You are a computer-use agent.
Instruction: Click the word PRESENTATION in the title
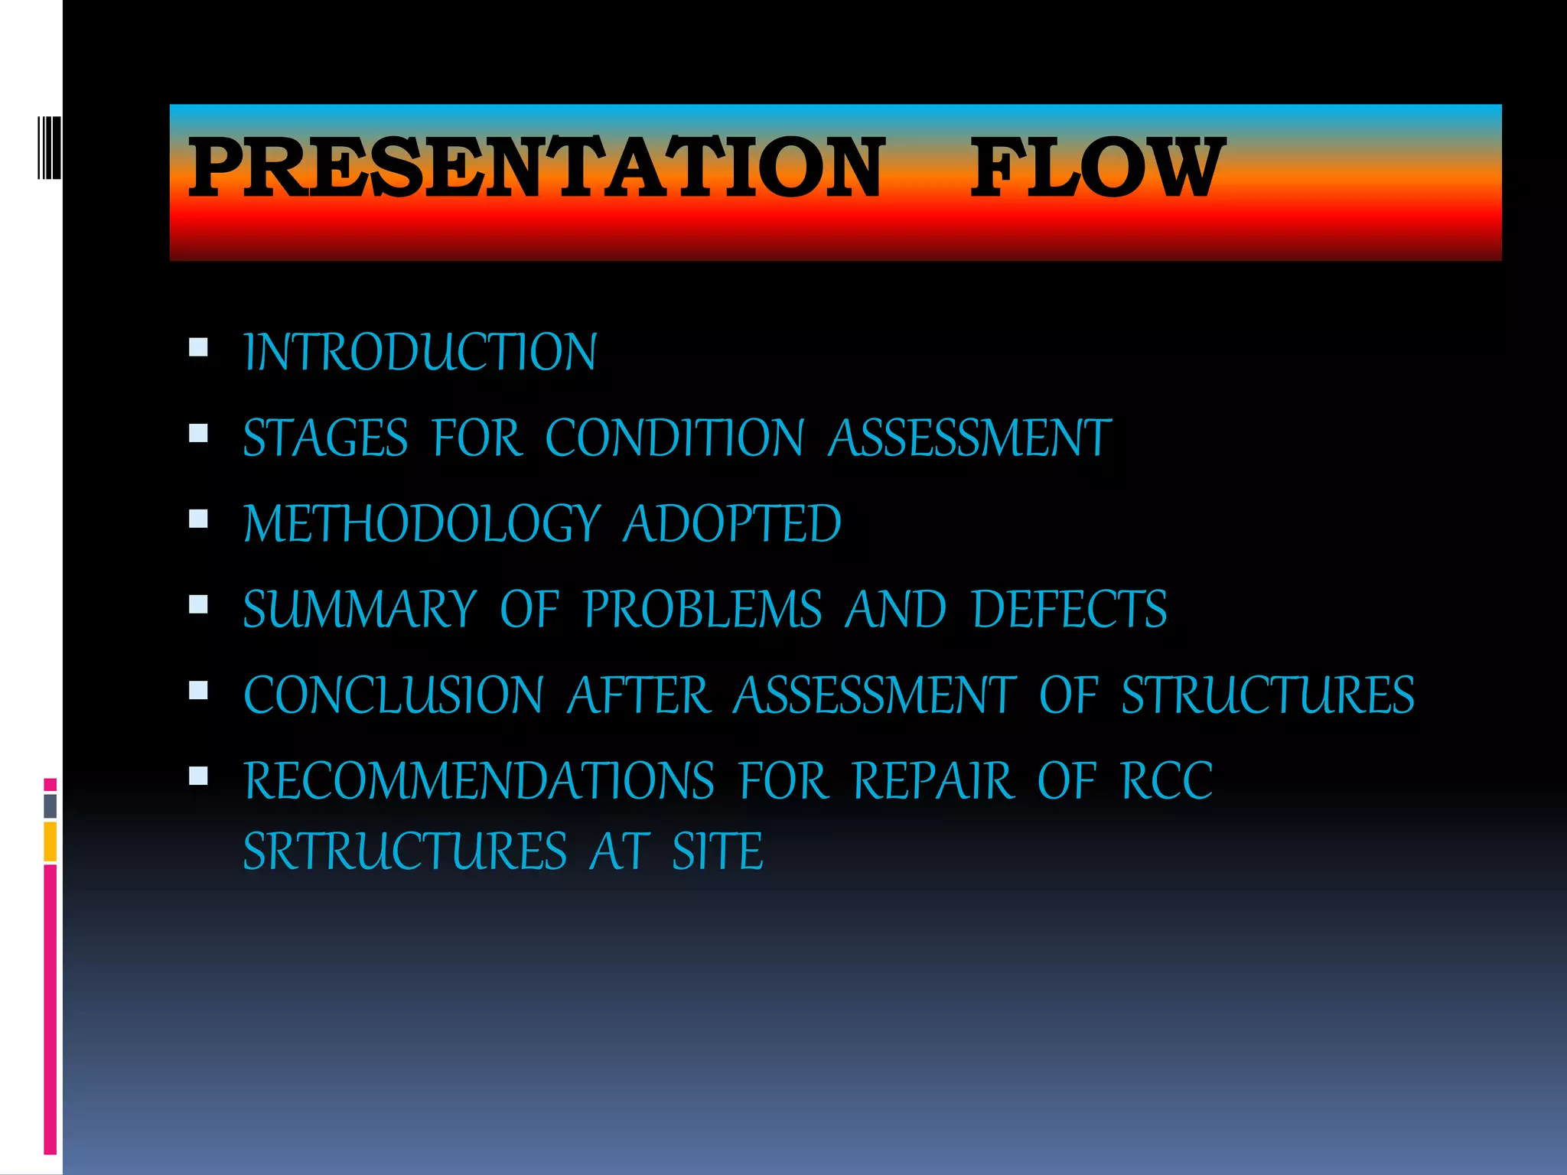click(x=536, y=167)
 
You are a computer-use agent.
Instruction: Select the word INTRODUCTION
click(x=420, y=353)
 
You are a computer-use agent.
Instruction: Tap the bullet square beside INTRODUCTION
click(x=198, y=348)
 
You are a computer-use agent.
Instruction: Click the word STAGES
click(x=325, y=438)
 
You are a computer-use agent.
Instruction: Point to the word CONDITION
click(x=674, y=438)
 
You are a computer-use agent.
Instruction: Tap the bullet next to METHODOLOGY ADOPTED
click(x=198, y=519)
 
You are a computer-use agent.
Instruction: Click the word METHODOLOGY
click(x=422, y=525)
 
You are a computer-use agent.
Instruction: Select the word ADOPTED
click(x=732, y=525)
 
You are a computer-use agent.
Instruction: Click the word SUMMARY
click(x=360, y=610)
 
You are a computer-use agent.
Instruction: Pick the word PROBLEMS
click(x=702, y=610)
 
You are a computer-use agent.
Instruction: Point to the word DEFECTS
click(x=1069, y=610)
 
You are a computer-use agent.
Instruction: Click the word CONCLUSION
click(x=393, y=695)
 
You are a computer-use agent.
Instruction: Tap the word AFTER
click(x=638, y=695)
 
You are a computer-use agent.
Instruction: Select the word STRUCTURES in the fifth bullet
click(x=1267, y=695)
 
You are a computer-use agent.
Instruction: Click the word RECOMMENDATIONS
click(x=479, y=781)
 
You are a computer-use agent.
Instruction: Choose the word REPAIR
click(x=933, y=781)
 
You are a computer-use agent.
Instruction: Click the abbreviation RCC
click(x=1166, y=781)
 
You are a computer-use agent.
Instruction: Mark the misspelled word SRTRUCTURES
click(x=405, y=851)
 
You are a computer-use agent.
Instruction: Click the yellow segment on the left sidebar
click(x=50, y=841)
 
